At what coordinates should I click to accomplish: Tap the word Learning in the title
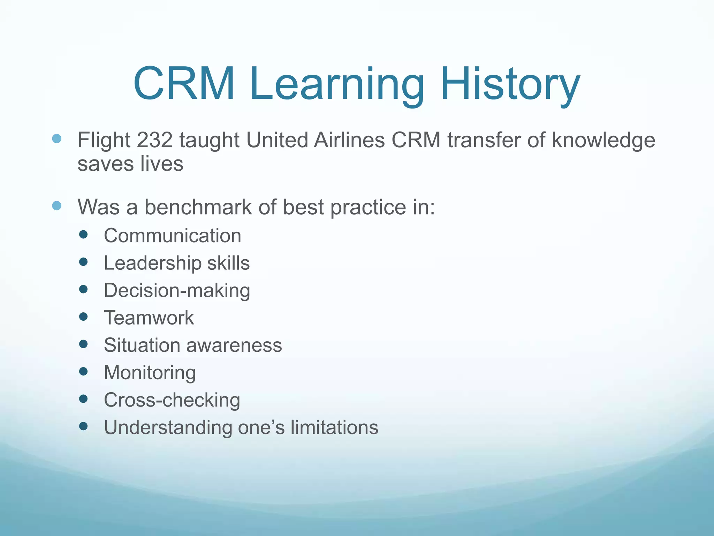pos(337,85)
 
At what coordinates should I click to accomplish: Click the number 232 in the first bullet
pos(154,140)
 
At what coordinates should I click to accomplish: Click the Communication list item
pos(173,236)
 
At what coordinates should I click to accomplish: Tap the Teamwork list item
pos(149,318)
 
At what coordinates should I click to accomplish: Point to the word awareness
pos(234,345)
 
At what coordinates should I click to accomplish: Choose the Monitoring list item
pos(150,373)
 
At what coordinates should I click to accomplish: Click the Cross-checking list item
pos(172,400)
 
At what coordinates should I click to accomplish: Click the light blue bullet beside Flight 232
pos(57,139)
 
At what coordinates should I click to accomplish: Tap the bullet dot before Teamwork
pos(83,317)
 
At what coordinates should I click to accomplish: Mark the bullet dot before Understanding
pos(83,426)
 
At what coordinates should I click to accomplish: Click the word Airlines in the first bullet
pos(349,140)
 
